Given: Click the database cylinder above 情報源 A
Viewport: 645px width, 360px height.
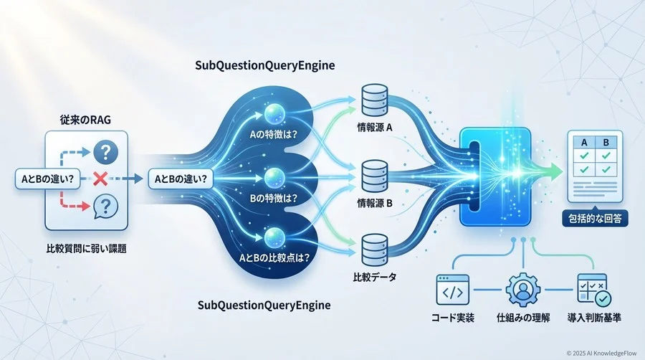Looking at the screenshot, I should [x=371, y=105].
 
